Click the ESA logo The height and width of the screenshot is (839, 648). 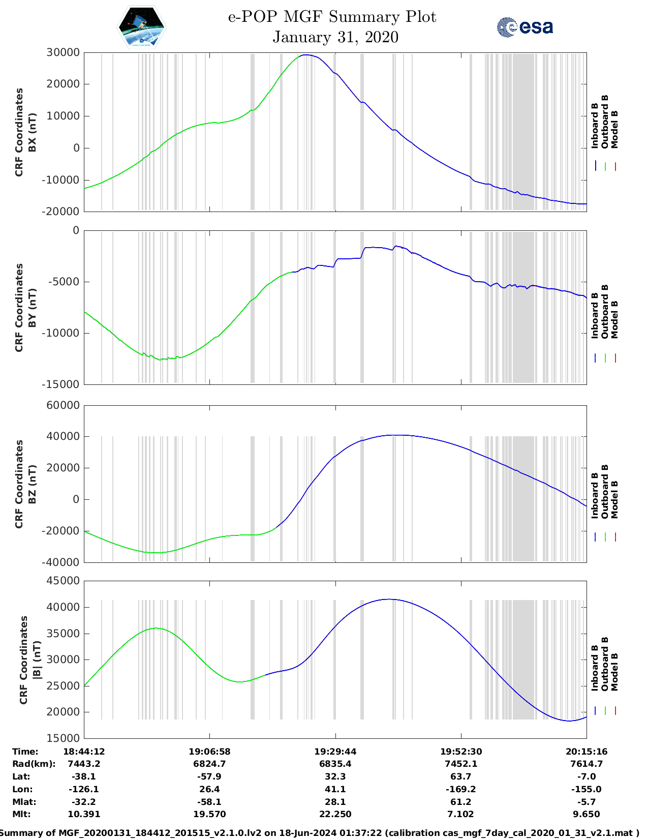pos(524,27)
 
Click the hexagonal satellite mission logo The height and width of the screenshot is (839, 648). pos(141,27)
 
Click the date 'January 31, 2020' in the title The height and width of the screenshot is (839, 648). pos(335,37)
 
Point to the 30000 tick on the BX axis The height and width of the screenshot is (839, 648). pos(63,52)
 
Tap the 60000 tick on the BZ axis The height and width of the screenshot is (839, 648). pos(63,405)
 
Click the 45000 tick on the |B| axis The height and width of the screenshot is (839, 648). pos(63,581)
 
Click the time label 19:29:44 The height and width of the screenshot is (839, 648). pos(335,752)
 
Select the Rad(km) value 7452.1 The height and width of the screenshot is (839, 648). pos(460,764)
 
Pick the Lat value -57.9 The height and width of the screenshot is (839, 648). pos(209,776)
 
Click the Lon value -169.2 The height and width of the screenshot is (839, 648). pos(460,789)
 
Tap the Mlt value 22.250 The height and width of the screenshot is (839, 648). pos(335,814)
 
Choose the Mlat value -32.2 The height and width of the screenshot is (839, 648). pos(84,801)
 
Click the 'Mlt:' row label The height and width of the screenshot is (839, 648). pos(21,814)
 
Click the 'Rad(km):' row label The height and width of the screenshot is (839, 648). pos(34,764)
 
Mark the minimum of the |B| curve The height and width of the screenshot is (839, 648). pos(569,721)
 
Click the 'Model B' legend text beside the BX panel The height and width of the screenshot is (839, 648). pos(614,130)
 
